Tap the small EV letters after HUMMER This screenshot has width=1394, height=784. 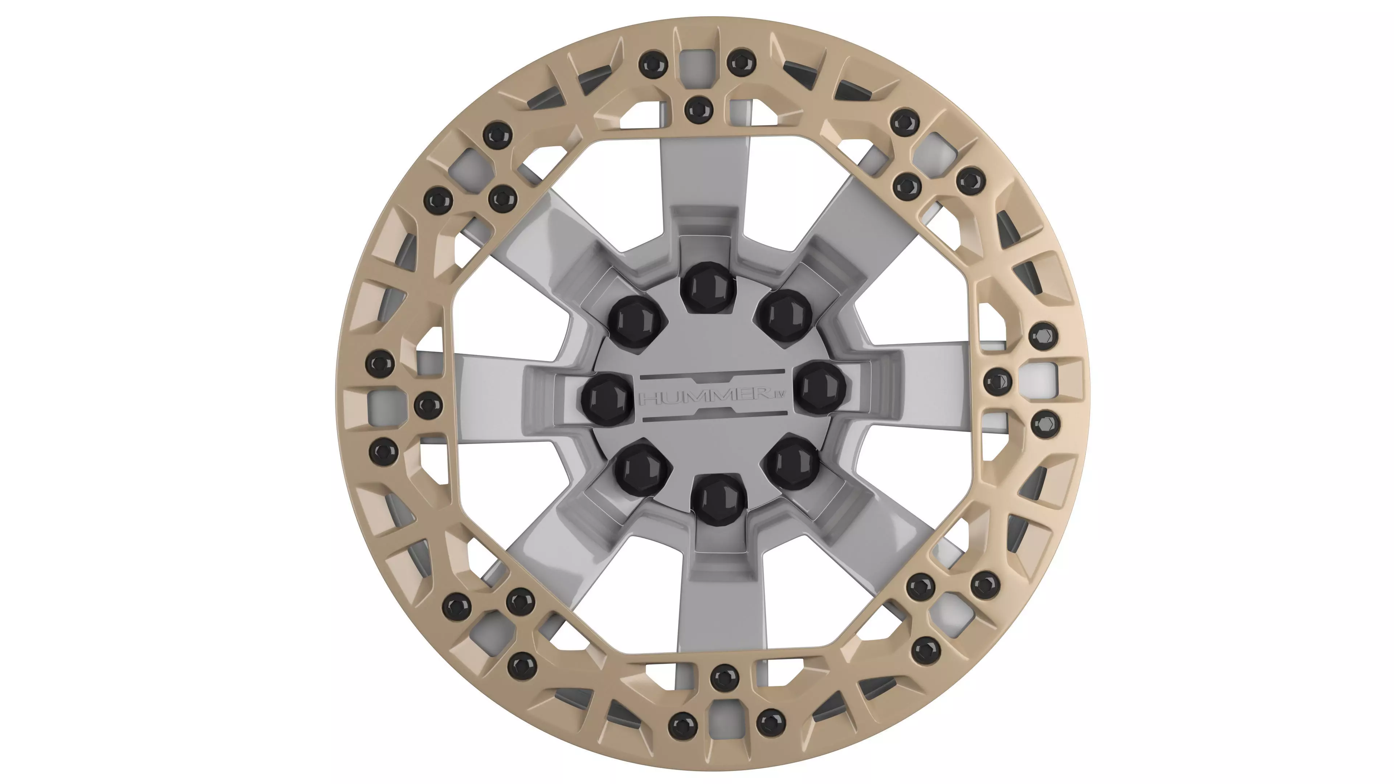point(778,395)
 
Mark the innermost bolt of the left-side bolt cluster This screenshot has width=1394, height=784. point(428,405)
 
